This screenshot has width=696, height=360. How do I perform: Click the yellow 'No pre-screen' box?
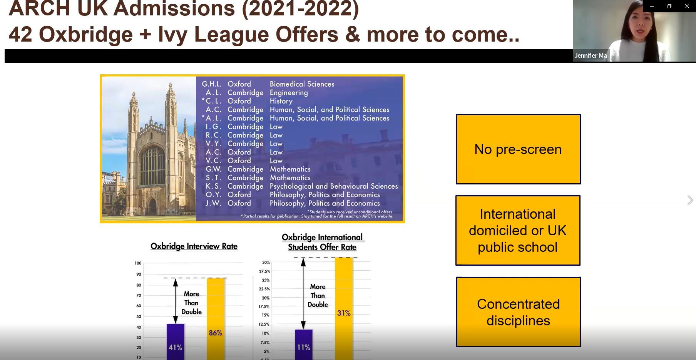(x=518, y=149)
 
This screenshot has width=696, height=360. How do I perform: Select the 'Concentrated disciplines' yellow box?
(x=519, y=312)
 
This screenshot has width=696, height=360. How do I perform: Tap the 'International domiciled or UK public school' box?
(x=518, y=230)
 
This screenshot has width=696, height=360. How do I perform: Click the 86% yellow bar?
(x=216, y=319)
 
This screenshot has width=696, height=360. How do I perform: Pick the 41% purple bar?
(x=176, y=342)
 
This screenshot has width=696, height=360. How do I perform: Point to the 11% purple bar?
(x=304, y=345)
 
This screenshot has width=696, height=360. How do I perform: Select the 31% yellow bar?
(x=344, y=308)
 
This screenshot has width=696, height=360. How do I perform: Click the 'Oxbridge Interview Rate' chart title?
(x=194, y=246)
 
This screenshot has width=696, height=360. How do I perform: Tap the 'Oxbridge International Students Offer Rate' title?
(x=323, y=242)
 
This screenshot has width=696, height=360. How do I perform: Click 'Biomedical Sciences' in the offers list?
(x=302, y=84)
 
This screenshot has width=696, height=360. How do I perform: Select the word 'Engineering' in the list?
(x=289, y=93)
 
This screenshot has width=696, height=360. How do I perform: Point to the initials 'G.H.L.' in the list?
(x=212, y=84)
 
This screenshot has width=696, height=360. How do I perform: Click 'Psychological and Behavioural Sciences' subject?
(x=334, y=186)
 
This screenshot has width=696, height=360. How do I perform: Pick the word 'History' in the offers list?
(x=281, y=101)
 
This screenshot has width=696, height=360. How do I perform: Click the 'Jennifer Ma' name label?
(x=591, y=55)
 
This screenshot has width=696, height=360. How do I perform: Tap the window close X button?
(x=687, y=6)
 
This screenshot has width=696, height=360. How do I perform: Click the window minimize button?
(x=652, y=6)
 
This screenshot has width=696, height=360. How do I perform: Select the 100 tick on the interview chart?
(x=138, y=263)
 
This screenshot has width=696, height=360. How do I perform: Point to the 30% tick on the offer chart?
(x=266, y=262)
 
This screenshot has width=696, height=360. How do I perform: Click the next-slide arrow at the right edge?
(x=690, y=200)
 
